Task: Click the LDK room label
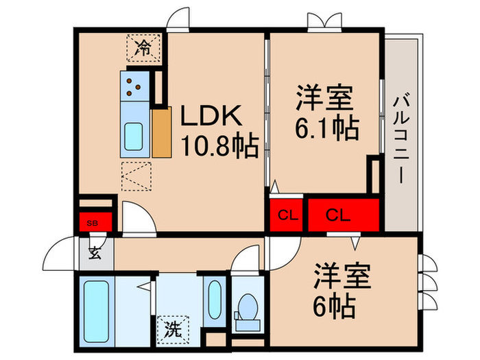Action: [x=210, y=116]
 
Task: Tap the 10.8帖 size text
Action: [x=219, y=145]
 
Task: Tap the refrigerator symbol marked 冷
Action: [x=143, y=47]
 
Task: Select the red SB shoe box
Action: [x=91, y=221]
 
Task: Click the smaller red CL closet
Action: [x=287, y=215]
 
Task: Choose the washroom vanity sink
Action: [x=215, y=300]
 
